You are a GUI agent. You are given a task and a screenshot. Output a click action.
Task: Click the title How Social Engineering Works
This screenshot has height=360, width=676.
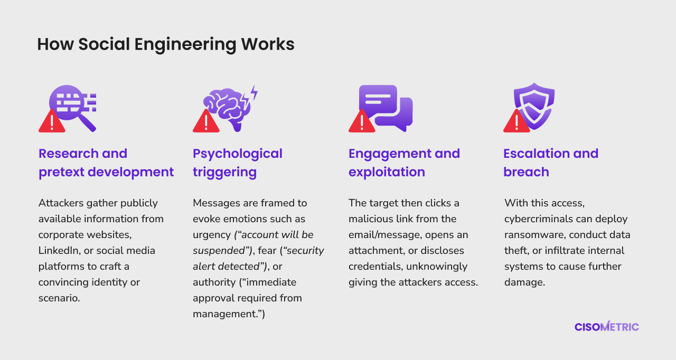coord(166,44)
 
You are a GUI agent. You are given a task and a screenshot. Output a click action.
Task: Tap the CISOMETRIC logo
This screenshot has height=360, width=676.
coord(607,327)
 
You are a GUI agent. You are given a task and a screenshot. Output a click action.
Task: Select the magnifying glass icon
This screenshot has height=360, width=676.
coord(73,106)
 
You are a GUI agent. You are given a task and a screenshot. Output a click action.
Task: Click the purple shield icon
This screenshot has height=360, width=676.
coord(534,105)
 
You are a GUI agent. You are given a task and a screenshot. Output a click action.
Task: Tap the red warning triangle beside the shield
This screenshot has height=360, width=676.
coord(517,121)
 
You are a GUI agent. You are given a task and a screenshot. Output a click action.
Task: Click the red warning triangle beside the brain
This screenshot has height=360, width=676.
coord(206,121)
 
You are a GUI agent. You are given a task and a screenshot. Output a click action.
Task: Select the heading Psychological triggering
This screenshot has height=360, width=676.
coord(238,163)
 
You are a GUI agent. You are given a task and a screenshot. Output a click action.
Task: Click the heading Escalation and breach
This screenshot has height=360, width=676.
coord(551,163)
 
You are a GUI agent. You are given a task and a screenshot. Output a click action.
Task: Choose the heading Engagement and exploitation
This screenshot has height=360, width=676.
coord(404,163)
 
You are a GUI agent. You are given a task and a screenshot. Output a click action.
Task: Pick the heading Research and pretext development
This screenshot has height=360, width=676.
coord(106,163)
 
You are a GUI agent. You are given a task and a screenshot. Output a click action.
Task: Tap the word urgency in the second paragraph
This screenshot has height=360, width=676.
coord(212,235)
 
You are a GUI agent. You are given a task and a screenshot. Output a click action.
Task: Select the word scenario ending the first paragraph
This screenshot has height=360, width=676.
coord(59,298)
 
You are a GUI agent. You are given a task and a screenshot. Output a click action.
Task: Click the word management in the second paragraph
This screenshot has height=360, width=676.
coord(227,314)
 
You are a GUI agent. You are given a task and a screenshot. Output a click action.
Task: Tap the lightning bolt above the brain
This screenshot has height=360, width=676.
coord(255,92)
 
